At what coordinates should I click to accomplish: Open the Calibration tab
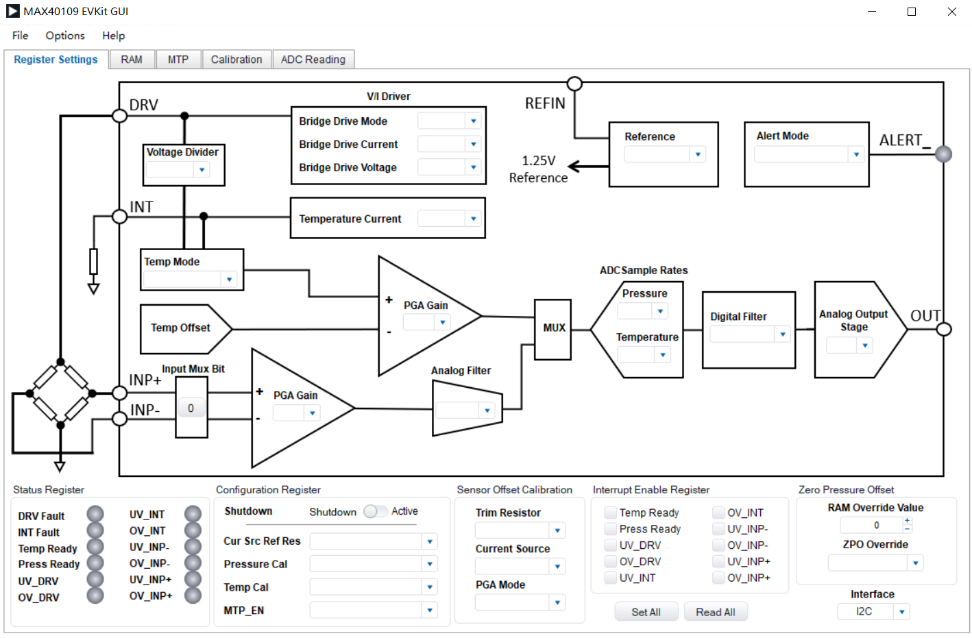(236, 60)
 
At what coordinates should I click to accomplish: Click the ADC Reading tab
(313, 60)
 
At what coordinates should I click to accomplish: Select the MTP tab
(178, 60)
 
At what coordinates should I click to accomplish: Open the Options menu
(65, 36)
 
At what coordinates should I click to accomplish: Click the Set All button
(646, 612)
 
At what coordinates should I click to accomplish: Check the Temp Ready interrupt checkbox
(610, 513)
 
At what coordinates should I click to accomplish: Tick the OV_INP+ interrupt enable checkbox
(718, 578)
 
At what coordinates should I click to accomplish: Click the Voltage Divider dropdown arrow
(202, 170)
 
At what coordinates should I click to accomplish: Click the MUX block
(553, 328)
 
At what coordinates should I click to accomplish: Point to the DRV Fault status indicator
(95, 514)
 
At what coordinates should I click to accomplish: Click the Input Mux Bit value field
(191, 408)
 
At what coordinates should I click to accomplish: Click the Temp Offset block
(180, 328)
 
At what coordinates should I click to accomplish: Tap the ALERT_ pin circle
(943, 154)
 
